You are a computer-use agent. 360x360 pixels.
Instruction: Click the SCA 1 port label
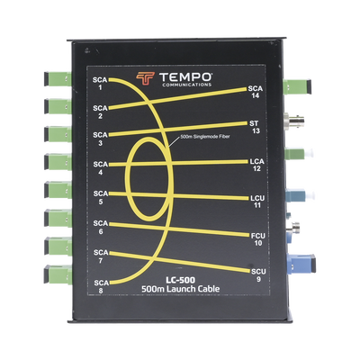(100, 84)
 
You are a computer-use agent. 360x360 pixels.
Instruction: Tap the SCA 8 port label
(101, 286)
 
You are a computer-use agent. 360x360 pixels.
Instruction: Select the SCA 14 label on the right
(256, 92)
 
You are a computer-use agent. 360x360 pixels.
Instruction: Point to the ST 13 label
(254, 127)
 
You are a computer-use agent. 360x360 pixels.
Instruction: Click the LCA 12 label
(256, 165)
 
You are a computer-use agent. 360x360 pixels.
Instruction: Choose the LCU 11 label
(257, 202)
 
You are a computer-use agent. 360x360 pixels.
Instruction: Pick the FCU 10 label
(258, 239)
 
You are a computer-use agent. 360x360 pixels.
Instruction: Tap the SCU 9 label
(258, 275)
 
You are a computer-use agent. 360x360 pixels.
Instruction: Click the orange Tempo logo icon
(145, 79)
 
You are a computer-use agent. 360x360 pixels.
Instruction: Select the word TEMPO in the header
(185, 77)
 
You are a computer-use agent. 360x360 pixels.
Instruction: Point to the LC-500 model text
(180, 280)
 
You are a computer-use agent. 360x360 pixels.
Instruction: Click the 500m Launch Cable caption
(180, 289)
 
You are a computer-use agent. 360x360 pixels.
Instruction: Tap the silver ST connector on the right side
(295, 120)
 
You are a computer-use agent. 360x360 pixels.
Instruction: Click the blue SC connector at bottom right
(301, 263)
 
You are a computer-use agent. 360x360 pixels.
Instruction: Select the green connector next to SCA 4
(58, 162)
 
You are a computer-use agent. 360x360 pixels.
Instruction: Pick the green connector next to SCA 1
(58, 79)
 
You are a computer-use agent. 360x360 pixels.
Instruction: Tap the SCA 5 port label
(100, 197)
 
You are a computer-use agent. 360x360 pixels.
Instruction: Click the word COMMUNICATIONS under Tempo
(186, 85)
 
